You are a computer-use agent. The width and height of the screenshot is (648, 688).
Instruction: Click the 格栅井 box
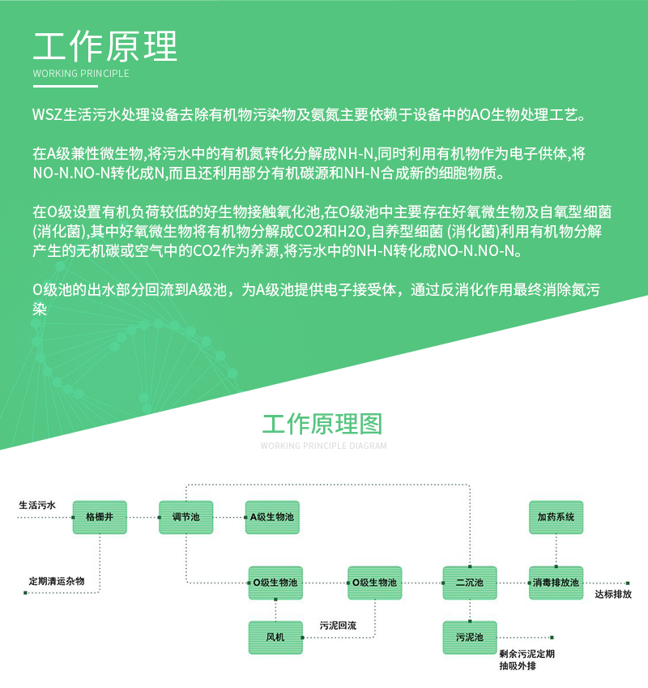click(100, 517)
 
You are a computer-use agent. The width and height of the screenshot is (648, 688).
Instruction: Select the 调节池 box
click(185, 517)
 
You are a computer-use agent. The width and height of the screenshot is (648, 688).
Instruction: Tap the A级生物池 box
click(272, 517)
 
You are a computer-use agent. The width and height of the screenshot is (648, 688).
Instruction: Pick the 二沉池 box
click(470, 583)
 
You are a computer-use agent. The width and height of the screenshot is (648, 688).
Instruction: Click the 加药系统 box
click(556, 517)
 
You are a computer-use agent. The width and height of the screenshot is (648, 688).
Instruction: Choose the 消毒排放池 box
click(556, 583)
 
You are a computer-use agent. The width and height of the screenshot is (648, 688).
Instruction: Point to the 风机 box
click(275, 638)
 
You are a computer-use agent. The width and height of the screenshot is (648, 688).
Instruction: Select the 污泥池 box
click(470, 638)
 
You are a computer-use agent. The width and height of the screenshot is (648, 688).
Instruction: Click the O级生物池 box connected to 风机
click(275, 583)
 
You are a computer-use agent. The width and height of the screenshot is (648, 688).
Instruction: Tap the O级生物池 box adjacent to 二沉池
click(374, 583)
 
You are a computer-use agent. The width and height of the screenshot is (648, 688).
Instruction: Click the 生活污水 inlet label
click(37, 505)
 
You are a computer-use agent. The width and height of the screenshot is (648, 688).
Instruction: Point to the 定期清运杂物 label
click(57, 581)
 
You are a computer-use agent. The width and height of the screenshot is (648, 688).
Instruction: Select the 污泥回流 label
click(338, 626)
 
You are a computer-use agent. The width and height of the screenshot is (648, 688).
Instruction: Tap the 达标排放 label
click(613, 594)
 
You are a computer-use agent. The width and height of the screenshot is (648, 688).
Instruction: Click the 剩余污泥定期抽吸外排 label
click(526, 660)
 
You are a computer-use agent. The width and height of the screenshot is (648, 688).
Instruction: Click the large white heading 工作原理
click(105, 46)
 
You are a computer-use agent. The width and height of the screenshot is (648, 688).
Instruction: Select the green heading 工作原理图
click(322, 424)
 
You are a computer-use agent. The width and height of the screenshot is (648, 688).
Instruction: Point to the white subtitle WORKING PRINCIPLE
click(81, 73)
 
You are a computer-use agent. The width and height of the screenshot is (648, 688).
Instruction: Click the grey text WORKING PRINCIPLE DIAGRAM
click(323, 446)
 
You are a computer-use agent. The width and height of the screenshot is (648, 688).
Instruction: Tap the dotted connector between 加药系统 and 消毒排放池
click(556, 550)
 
